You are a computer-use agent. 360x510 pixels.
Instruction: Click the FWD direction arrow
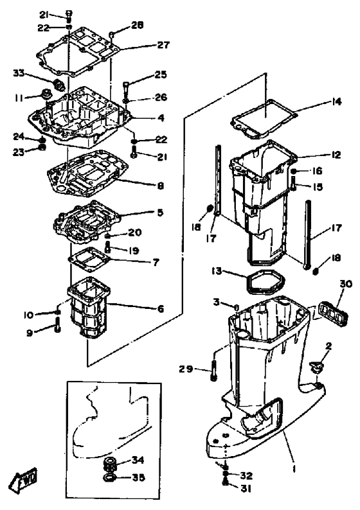(x=24, y=478)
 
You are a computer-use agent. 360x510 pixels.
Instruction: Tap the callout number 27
(x=163, y=44)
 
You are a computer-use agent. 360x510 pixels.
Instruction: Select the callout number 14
(x=336, y=101)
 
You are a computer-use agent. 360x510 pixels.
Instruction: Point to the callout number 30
(x=346, y=284)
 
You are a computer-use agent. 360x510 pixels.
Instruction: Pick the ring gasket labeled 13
(x=265, y=283)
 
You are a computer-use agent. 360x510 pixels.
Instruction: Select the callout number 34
(x=138, y=460)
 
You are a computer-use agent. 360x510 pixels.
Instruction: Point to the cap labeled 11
(x=44, y=94)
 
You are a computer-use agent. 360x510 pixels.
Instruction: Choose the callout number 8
(x=161, y=186)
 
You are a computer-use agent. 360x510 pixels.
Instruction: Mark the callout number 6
(x=161, y=308)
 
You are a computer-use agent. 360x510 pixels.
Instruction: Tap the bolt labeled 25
(x=126, y=87)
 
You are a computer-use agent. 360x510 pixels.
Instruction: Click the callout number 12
(x=336, y=155)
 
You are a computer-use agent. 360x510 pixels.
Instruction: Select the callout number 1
(x=294, y=469)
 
